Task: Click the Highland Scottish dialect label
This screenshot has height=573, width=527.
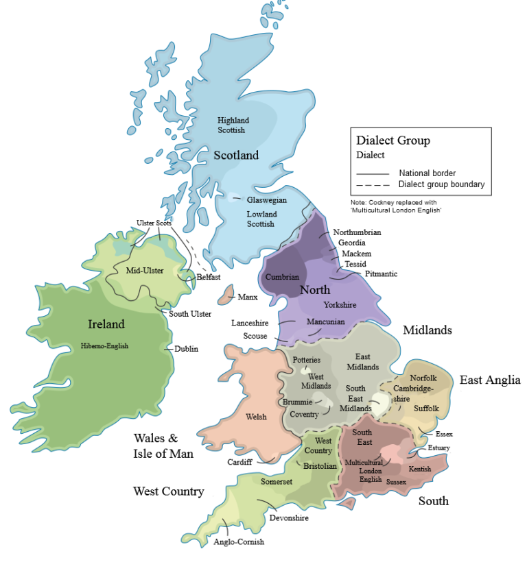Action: pyautogui.click(x=233, y=125)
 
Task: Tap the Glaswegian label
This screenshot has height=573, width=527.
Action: pyautogui.click(x=267, y=200)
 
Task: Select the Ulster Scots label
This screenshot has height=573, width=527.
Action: pyautogui.click(x=154, y=223)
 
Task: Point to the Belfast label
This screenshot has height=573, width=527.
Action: pyautogui.click(x=209, y=277)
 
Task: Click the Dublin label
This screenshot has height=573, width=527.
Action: pyautogui.click(x=186, y=349)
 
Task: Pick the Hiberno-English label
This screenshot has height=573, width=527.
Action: pyautogui.click(x=104, y=345)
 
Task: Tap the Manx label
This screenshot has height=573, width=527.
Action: pyautogui.click(x=247, y=297)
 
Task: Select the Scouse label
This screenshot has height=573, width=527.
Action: pyautogui.click(x=255, y=336)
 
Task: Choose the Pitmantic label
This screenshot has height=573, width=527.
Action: pyautogui.click(x=381, y=274)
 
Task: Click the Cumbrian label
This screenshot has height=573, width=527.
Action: pyautogui.click(x=283, y=277)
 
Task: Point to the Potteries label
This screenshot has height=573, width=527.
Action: pyautogui.click(x=307, y=360)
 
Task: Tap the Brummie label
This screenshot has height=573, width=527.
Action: pyautogui.click(x=297, y=402)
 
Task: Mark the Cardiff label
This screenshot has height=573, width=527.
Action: pyautogui.click(x=240, y=462)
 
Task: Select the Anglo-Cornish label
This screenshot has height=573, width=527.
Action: pyautogui.click(x=239, y=541)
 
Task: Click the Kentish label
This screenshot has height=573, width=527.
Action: pyautogui.click(x=419, y=469)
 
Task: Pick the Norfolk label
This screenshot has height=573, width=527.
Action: pyautogui.click(x=423, y=378)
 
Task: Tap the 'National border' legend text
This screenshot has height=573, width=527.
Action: pyautogui.click(x=427, y=173)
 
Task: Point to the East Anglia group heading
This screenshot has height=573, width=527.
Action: pyautogui.click(x=490, y=380)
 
